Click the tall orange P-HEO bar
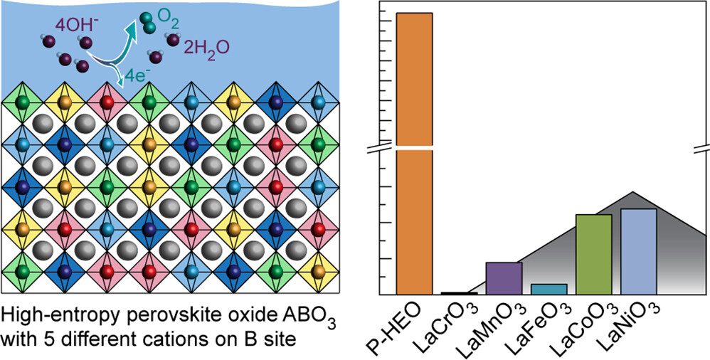pyautogui.click(x=415, y=153)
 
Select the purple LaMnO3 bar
pyautogui.click(x=504, y=278)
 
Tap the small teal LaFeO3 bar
pyautogui.click(x=549, y=289)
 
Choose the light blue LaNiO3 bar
pyautogui.click(x=639, y=251)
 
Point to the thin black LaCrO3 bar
pyautogui.click(x=460, y=293)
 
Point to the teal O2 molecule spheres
pyautogui.click(x=147, y=22)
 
